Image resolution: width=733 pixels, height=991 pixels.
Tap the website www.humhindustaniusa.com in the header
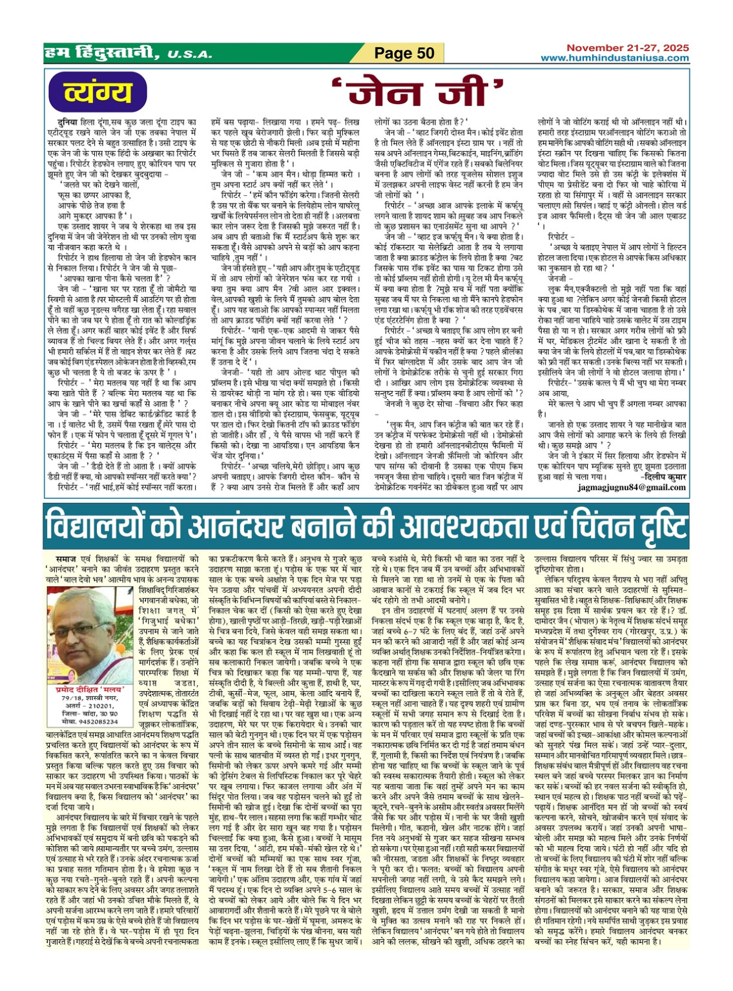pyautogui.click(x=615, y=58)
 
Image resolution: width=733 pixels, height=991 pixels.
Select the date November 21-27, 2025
pyautogui.click(x=627, y=48)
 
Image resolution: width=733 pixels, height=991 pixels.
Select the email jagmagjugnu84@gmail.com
pyautogui.click(x=632, y=487)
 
